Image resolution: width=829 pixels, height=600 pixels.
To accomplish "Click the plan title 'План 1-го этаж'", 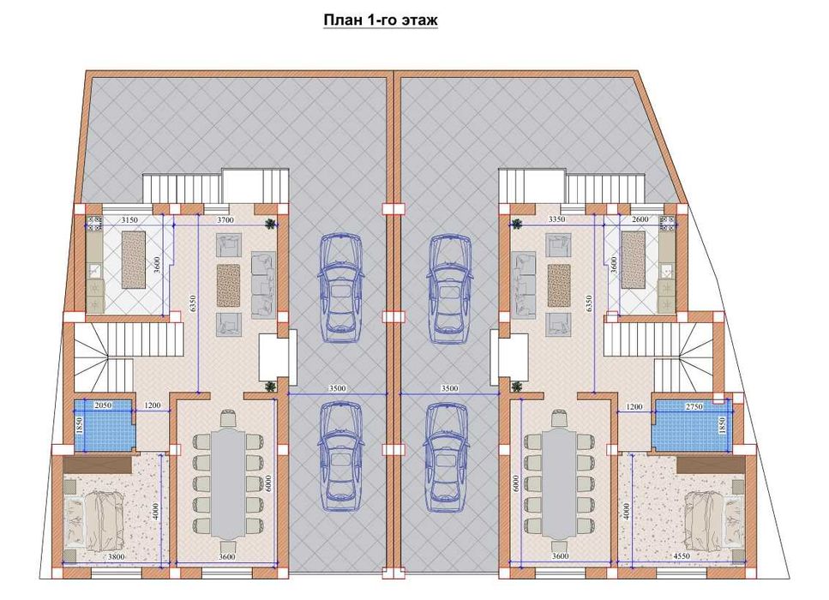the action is (381, 20).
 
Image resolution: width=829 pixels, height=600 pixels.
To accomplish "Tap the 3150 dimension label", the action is (129, 220).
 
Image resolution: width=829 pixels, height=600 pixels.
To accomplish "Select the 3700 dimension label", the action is (225, 220).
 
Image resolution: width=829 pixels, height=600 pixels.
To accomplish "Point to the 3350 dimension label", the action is (556, 219).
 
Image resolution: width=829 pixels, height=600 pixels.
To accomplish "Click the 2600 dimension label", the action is (640, 219).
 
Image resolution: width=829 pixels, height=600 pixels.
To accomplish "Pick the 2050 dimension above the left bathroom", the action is (103, 405).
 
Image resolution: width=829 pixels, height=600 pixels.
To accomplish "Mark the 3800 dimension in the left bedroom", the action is (117, 556).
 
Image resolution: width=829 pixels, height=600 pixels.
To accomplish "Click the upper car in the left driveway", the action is (341, 289).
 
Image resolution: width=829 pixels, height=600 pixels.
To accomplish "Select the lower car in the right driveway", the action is (447, 457).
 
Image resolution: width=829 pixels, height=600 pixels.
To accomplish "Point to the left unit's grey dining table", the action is (227, 483).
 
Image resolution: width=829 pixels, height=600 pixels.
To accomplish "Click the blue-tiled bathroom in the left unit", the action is (103, 425).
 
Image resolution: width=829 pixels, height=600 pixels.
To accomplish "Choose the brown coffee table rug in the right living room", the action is (559, 285).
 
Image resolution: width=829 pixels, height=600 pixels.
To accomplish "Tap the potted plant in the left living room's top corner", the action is (271, 224).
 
